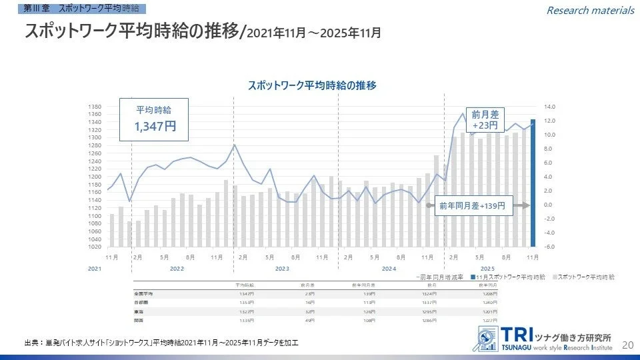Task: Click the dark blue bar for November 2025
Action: (532, 183)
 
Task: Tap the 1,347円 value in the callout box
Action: (155, 126)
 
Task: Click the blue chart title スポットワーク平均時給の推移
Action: (312, 85)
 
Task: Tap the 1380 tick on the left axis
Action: (94, 107)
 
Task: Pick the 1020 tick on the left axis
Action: (94, 247)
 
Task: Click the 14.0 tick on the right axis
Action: (549, 107)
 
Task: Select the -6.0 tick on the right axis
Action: (549, 247)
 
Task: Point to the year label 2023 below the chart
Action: (282, 268)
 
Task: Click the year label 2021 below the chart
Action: (95, 268)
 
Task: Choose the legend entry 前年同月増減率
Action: (439, 276)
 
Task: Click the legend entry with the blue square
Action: (510, 276)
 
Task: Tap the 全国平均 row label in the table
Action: (144, 293)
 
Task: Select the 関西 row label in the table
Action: (139, 319)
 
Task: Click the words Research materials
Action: (590, 10)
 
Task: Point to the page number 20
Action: (627, 345)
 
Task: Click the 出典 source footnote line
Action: (161, 343)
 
